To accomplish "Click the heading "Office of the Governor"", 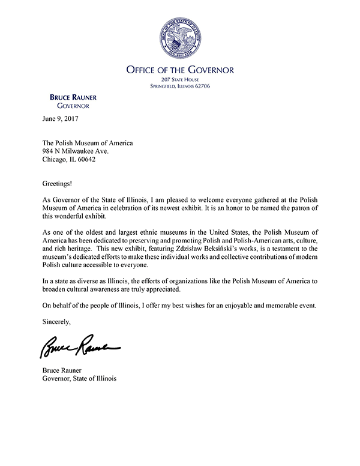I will [x=179, y=70].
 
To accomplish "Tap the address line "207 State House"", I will [x=179, y=80].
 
